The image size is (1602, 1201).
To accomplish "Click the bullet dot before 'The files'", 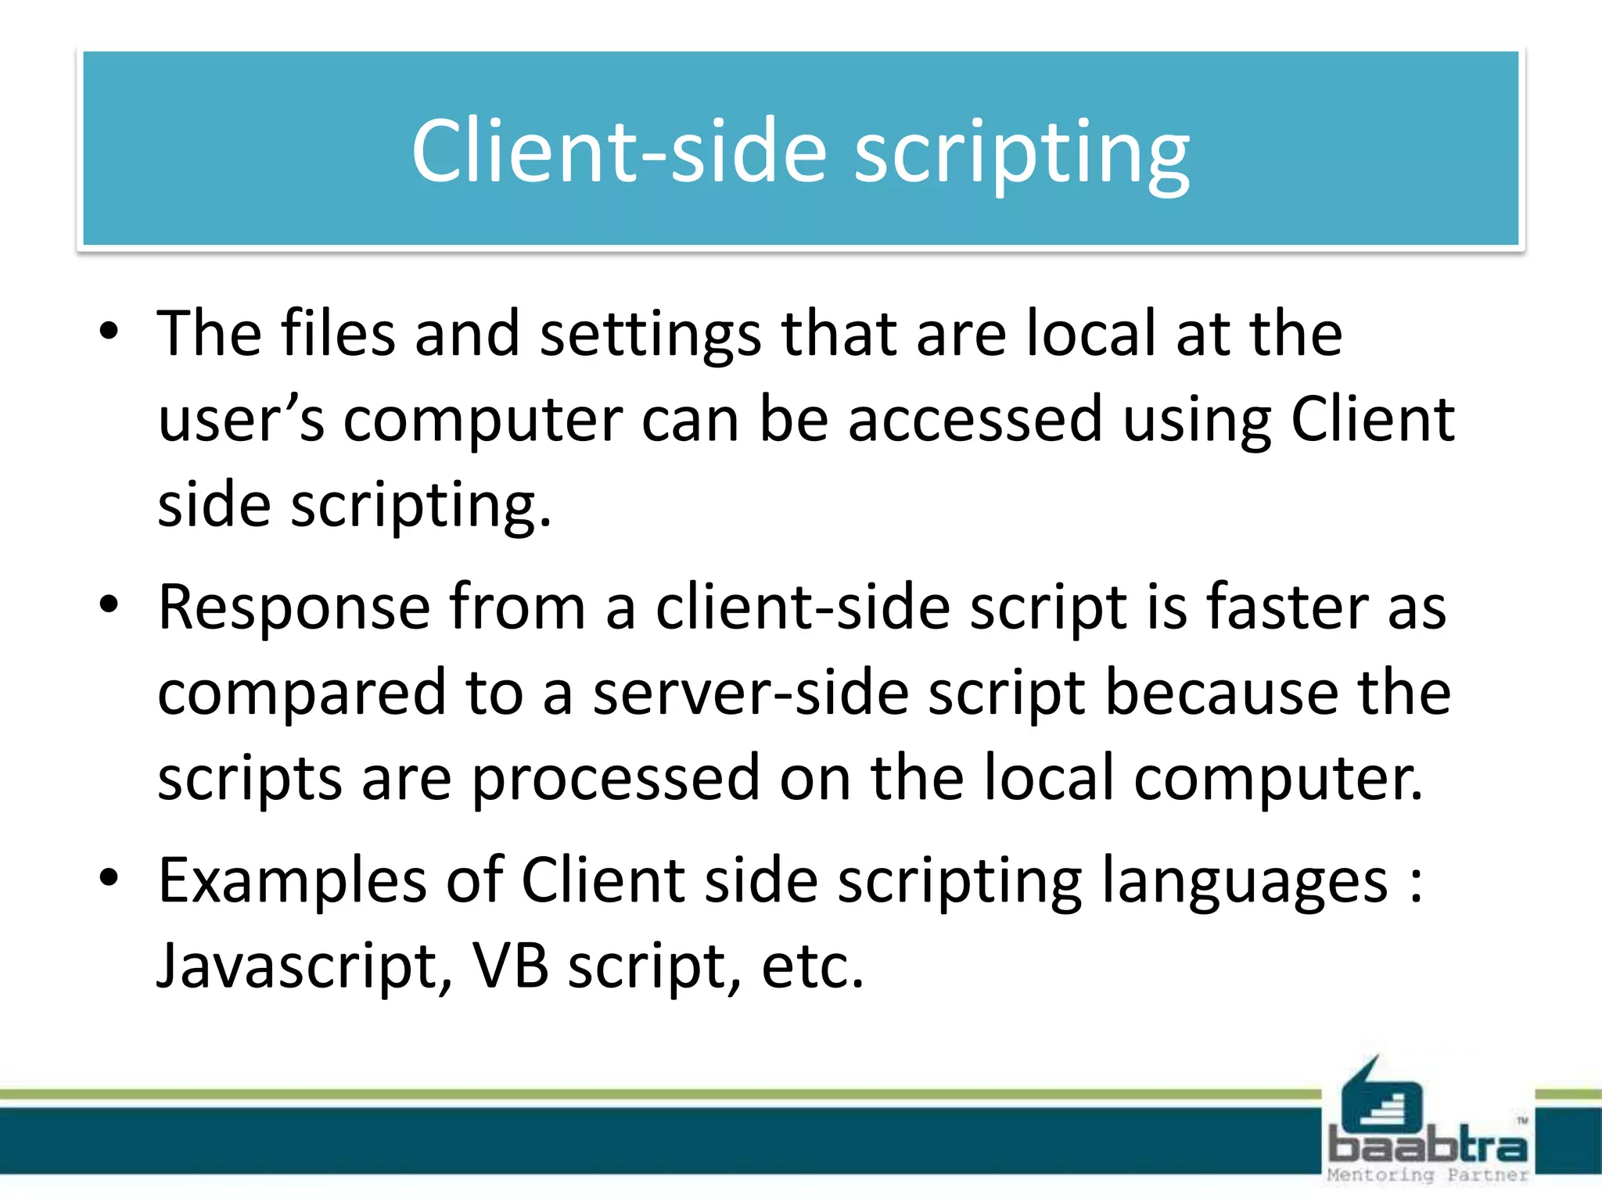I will tap(110, 332).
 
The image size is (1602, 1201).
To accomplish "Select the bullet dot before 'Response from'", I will tap(110, 605).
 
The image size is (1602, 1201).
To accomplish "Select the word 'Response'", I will tap(294, 608).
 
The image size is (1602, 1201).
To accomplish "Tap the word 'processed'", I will tap(616, 780).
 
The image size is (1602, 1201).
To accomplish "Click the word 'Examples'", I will tap(292, 882).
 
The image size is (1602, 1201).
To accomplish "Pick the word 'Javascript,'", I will tap(305, 968).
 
